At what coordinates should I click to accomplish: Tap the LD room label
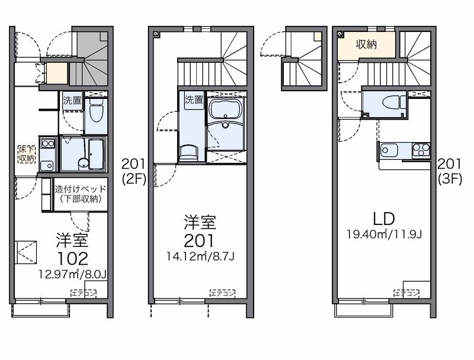pyautogui.click(x=383, y=218)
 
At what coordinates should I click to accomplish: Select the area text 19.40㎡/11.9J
pyautogui.click(x=383, y=234)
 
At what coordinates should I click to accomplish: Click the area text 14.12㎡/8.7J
pyautogui.click(x=200, y=256)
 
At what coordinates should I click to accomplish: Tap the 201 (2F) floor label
pyautogui.click(x=133, y=171)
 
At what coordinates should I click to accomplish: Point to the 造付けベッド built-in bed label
pyautogui.click(x=80, y=194)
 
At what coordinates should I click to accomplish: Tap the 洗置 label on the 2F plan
pyautogui.click(x=193, y=100)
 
